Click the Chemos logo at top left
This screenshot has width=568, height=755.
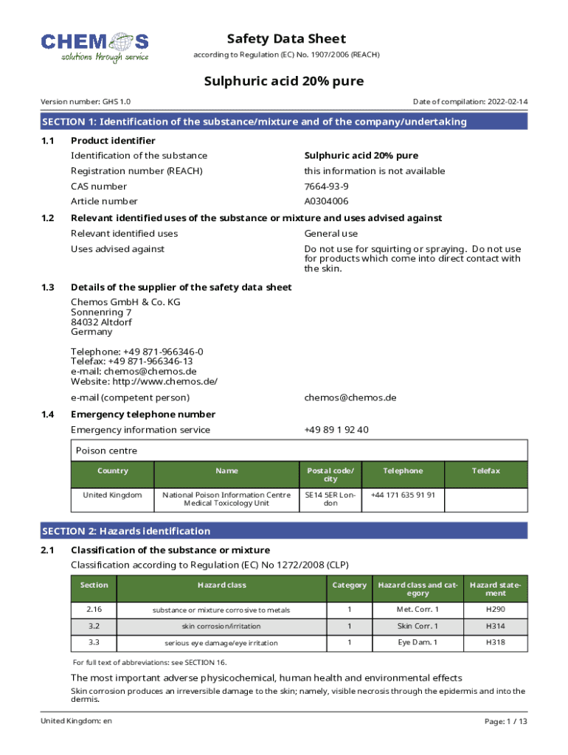pos(95,47)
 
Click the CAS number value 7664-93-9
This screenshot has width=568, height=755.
pos(327,187)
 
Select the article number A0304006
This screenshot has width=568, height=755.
pos(327,201)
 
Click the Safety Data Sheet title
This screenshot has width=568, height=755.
pos(286,39)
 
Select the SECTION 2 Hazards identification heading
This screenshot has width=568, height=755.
pos(126,531)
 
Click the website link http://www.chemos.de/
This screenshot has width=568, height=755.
pos(165,382)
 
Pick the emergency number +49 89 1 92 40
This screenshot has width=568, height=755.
pos(336,430)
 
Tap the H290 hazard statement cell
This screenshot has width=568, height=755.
pos(495,610)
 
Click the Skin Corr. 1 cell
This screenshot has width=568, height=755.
pos(417,626)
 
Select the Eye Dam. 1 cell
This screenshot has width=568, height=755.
pos(417,643)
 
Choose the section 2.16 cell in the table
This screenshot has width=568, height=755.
pos(94,610)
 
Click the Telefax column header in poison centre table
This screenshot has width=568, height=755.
pos(486,471)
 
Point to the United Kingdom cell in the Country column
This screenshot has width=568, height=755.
pos(112,495)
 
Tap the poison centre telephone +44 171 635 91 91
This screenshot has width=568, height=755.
pos(403,495)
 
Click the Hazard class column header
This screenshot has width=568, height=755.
pos(221,585)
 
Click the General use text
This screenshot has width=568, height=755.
pos(331,234)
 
